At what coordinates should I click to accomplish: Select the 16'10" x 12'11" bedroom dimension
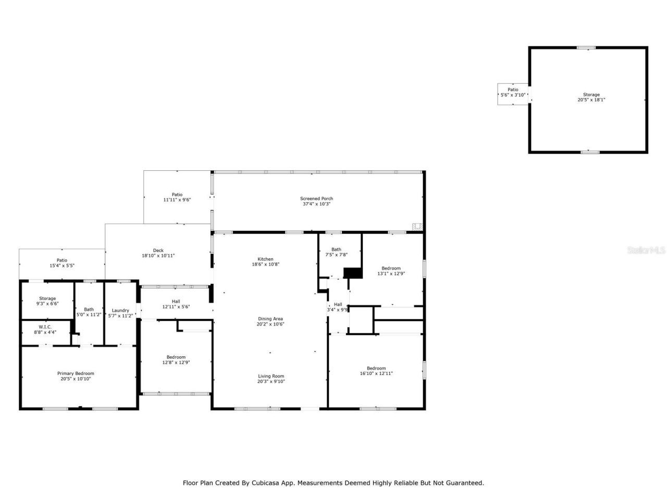click(376, 373)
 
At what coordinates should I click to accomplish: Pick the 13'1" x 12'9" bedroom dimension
click(391, 273)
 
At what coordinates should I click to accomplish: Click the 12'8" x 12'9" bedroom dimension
click(176, 362)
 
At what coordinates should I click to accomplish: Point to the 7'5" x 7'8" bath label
click(336, 255)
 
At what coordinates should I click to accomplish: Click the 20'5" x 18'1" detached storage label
click(591, 100)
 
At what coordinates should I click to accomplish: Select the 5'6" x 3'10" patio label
click(513, 95)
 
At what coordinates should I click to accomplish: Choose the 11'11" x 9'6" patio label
click(177, 200)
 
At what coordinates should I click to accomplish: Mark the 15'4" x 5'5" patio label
click(62, 266)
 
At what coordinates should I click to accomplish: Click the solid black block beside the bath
click(353, 273)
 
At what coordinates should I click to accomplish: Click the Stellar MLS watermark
click(646, 251)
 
